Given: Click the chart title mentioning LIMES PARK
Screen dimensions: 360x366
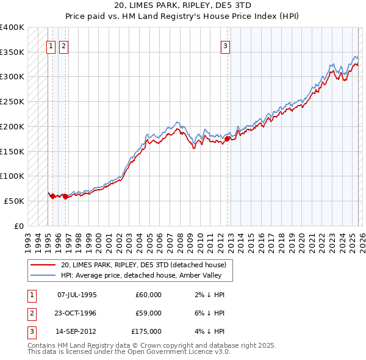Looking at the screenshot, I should coord(183,6).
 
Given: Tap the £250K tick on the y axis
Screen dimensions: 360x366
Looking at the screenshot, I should coord(12,102).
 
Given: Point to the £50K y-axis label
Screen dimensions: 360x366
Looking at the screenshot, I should coord(14,201).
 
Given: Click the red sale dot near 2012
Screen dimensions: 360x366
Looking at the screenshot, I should coord(227,139).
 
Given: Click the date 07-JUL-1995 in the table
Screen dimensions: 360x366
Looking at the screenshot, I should coord(77,295).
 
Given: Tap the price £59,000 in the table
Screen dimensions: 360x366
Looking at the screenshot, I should coord(148,313).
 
